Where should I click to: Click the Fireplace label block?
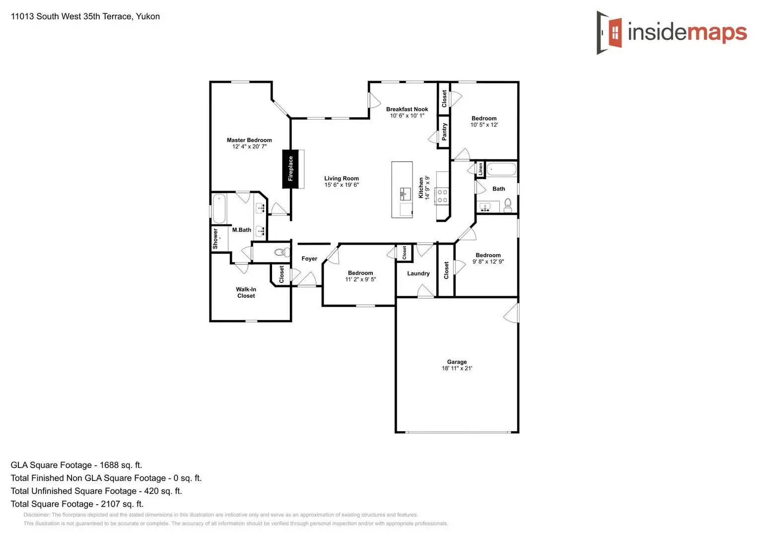(x=290, y=169)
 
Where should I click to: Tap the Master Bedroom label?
(x=249, y=140)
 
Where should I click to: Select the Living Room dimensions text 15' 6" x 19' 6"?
(x=342, y=185)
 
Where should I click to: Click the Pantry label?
(x=444, y=132)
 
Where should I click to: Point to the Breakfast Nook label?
(x=407, y=109)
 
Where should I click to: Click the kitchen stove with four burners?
(x=442, y=196)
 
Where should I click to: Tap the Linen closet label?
(x=481, y=169)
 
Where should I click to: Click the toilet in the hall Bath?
(x=508, y=205)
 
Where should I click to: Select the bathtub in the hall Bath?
(x=501, y=169)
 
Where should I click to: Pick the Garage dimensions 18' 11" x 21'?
(x=457, y=369)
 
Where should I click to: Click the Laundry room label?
(x=418, y=273)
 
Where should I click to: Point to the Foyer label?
(x=309, y=259)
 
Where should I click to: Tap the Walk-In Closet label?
(x=246, y=293)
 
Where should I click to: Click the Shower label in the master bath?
(x=215, y=239)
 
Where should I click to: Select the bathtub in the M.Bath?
(x=219, y=208)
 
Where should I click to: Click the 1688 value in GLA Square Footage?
(x=109, y=466)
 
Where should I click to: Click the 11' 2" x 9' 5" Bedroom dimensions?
(x=360, y=279)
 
